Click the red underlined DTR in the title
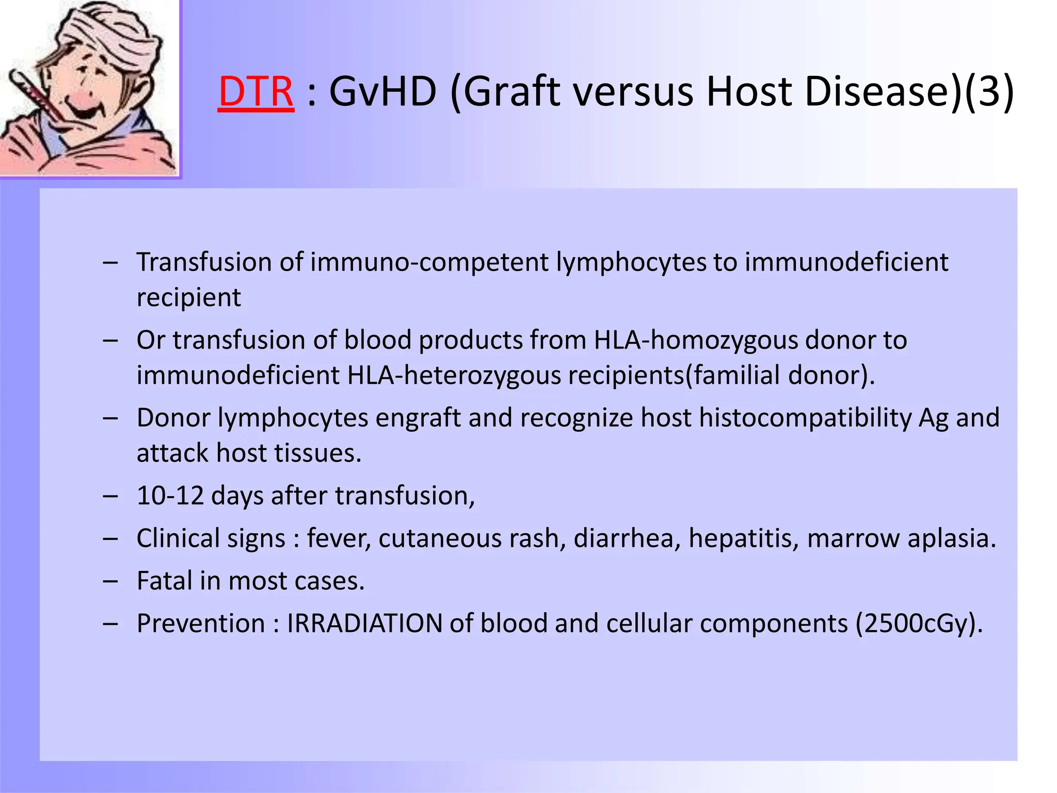(x=256, y=92)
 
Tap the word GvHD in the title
(x=382, y=92)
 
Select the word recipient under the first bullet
(x=188, y=298)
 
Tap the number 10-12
(x=170, y=496)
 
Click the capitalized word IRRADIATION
(x=364, y=624)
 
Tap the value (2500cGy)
(x=919, y=624)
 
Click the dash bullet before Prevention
(x=110, y=624)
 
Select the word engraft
(x=418, y=418)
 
